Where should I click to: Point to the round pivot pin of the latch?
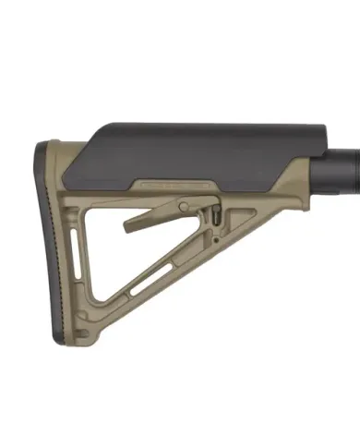coord(185,206)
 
